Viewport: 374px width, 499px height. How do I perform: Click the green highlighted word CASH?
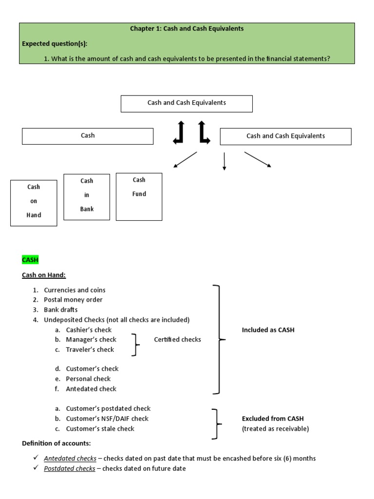click(30, 260)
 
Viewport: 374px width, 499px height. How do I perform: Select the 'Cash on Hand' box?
click(34, 203)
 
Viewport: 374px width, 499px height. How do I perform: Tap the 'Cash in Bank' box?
click(87, 197)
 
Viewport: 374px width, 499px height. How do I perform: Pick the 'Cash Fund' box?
click(139, 196)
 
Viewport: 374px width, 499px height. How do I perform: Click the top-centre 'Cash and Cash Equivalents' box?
click(187, 103)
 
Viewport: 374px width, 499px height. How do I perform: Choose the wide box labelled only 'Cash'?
click(88, 136)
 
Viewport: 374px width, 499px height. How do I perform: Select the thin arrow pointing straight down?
click(224, 161)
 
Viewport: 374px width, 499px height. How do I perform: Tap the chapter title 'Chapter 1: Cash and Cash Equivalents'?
click(187, 29)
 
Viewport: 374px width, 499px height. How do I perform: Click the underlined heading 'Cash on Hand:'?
click(44, 275)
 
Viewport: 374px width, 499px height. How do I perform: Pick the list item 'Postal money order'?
click(73, 300)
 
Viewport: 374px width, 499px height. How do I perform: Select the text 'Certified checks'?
click(177, 340)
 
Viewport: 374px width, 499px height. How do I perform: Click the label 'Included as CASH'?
click(268, 330)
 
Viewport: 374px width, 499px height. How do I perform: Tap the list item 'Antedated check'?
click(91, 389)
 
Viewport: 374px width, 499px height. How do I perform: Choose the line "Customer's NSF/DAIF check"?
click(107, 419)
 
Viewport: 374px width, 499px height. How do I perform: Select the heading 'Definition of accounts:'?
click(56, 443)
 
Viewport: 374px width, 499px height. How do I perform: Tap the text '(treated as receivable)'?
click(275, 429)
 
